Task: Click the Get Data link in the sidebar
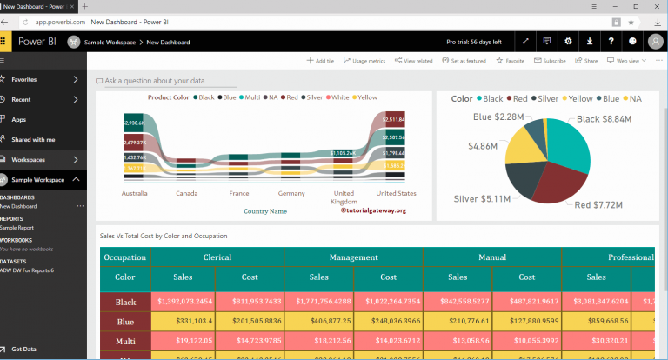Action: click(x=23, y=349)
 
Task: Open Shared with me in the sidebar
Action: click(x=32, y=139)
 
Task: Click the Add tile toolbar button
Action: click(x=320, y=61)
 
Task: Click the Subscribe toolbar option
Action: click(x=550, y=61)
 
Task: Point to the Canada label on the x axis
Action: click(x=186, y=193)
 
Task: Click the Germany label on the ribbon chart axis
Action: click(x=291, y=193)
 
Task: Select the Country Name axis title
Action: click(x=265, y=211)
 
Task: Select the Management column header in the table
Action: click(x=353, y=257)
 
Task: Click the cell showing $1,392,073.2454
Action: click(x=180, y=300)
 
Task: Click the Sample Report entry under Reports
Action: click(x=18, y=226)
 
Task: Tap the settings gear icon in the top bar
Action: click(x=568, y=41)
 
